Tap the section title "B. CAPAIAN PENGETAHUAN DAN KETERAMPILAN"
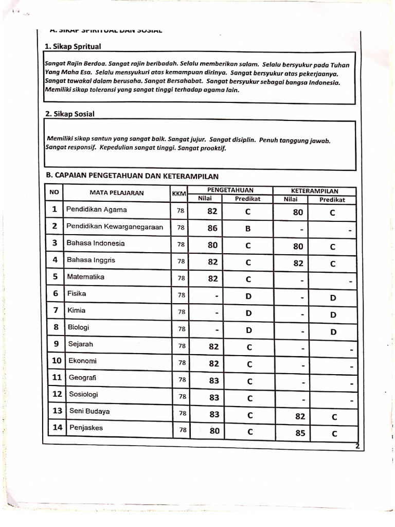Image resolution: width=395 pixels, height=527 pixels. pos(132,175)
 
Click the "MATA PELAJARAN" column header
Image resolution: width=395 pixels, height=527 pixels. pos(117,194)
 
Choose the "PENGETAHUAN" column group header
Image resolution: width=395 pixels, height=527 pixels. pos(230,190)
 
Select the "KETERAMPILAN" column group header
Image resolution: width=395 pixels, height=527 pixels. pos(314,190)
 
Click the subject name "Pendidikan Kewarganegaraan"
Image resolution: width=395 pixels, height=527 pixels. pos(115,226)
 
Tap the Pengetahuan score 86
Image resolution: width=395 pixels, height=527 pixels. pos(212,228)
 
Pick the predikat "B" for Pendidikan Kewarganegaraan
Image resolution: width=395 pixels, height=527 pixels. pos(247,228)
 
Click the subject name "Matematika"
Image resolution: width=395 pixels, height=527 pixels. pos(85,277)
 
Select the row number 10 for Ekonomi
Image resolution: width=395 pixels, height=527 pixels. pos(57,361)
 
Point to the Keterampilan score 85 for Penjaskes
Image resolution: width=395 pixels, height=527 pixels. pos(300,433)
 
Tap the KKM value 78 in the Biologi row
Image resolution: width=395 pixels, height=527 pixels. pos(181,329)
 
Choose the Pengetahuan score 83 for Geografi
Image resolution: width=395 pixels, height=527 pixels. pos(214,381)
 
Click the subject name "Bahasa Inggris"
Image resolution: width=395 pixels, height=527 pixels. pos(91,260)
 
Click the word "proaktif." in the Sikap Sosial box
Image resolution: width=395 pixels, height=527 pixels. pos(211,148)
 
